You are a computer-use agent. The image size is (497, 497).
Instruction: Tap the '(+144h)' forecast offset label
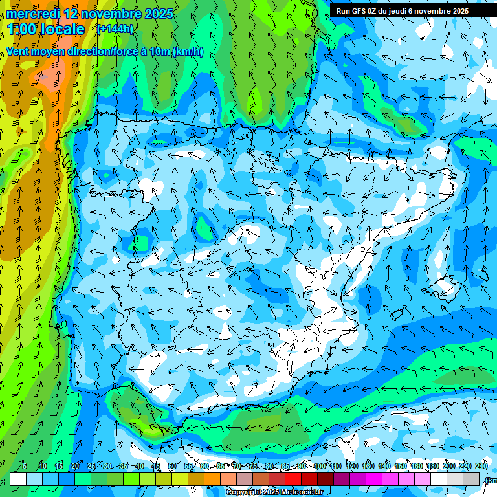pyautogui.click(x=115, y=28)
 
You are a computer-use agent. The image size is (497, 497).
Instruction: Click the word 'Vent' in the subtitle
pyautogui.click(x=18, y=52)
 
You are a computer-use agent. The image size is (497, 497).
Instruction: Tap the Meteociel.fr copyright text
pyautogui.click(x=283, y=492)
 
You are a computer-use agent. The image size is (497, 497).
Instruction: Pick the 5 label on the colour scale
pyautogui.click(x=25, y=466)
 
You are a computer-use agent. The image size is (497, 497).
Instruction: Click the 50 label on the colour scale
pyautogui.click(x=171, y=466)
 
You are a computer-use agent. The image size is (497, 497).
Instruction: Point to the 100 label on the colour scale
pyautogui.click(x=320, y=466)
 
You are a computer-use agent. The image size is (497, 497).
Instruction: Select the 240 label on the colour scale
pyautogui.click(x=481, y=466)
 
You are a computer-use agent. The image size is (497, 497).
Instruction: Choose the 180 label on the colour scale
pyautogui.click(x=432, y=466)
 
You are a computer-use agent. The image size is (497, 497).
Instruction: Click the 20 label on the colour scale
pyautogui.click(x=74, y=466)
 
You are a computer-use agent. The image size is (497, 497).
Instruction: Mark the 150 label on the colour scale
pyautogui.click(x=401, y=466)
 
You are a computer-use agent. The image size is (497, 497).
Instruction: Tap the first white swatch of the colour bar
pyautogui.click(x=18, y=479)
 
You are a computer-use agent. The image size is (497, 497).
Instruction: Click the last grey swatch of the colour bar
pyautogui.click(x=472, y=479)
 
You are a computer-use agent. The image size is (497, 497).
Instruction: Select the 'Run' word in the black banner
pyautogui.click(x=343, y=11)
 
